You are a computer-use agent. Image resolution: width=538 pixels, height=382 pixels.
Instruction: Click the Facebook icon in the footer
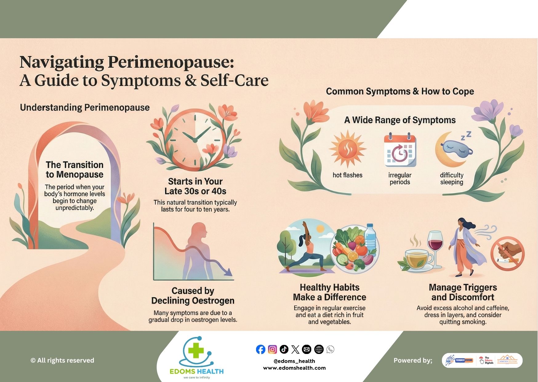[260, 349]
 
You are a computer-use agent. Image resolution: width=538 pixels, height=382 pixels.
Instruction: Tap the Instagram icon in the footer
[272, 349]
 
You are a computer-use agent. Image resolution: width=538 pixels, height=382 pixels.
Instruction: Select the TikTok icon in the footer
[284, 349]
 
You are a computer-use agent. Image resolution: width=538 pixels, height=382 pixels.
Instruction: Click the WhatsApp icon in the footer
[330, 349]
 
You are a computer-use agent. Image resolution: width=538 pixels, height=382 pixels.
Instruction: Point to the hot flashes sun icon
[347, 149]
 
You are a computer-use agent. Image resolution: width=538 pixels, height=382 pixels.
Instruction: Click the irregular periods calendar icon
[400, 151]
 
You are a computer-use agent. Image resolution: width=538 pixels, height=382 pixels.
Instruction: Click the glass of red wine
[436, 246]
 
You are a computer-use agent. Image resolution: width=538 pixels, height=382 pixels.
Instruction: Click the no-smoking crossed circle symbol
[507, 254]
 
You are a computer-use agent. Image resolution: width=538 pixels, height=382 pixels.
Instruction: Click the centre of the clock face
[195, 140]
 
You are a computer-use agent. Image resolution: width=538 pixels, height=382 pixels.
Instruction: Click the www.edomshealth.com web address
[294, 368]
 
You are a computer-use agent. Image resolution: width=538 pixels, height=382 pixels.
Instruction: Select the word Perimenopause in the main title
[171, 62]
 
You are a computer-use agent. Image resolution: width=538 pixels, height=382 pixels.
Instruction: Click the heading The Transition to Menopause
[74, 169]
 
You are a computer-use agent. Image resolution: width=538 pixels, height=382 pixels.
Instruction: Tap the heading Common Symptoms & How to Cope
[400, 91]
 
